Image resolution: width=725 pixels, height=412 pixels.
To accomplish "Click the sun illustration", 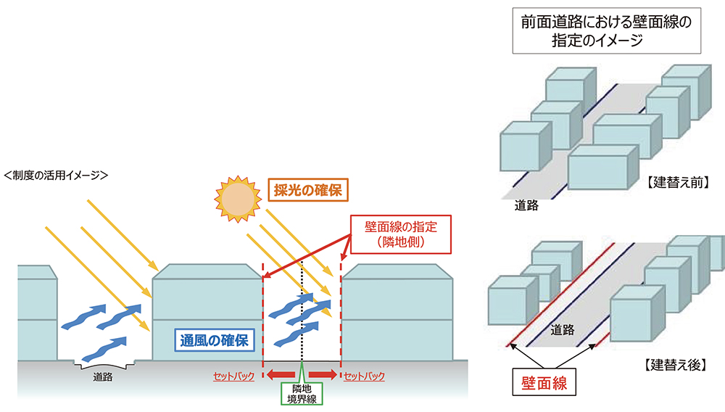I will coord(236,197).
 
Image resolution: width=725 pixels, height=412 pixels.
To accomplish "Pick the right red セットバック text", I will coord(364,376).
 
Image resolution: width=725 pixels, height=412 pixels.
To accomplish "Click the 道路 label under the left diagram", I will coord(102,376).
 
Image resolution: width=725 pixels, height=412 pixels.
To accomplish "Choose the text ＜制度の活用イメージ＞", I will coord(56,174).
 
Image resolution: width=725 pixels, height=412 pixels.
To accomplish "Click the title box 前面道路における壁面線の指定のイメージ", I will coord(606,31).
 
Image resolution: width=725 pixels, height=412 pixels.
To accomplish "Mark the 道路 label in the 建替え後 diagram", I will coord(562,330).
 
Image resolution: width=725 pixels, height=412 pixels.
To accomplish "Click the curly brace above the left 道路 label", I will coord(103,364).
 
